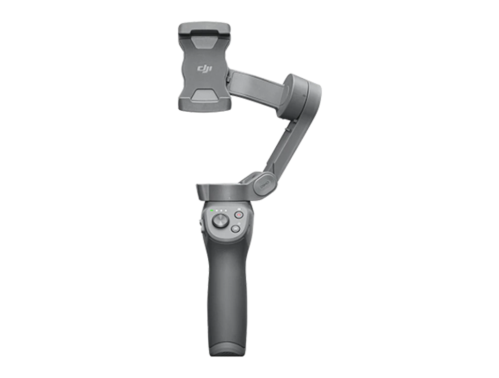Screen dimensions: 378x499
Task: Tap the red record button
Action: coord(239,215)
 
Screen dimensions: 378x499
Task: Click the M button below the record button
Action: coord(235,229)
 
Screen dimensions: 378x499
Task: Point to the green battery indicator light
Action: coord(211,211)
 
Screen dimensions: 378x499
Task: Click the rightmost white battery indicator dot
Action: coord(226,211)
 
